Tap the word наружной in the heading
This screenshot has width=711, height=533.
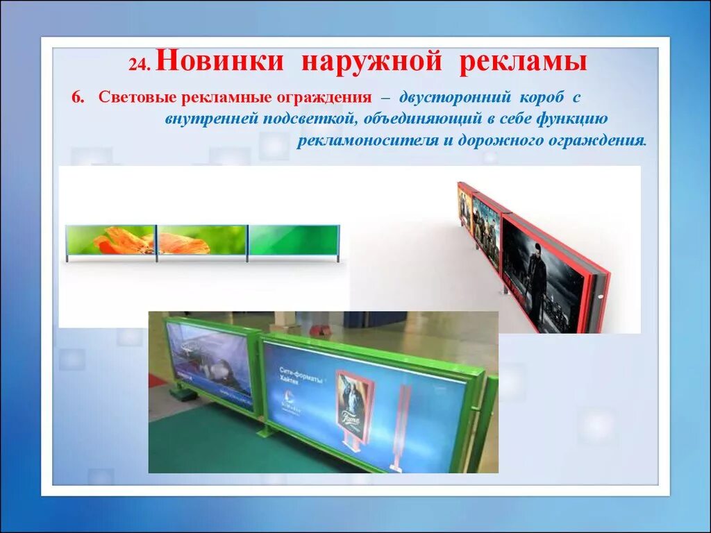coord(371,61)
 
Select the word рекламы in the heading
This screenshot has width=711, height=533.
coord(523,61)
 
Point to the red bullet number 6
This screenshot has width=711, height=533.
coord(77,96)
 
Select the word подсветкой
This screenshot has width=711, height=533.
coord(310,118)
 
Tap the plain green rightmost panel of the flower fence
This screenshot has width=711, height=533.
coord(293,240)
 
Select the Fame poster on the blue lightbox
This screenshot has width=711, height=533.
coord(350,400)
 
